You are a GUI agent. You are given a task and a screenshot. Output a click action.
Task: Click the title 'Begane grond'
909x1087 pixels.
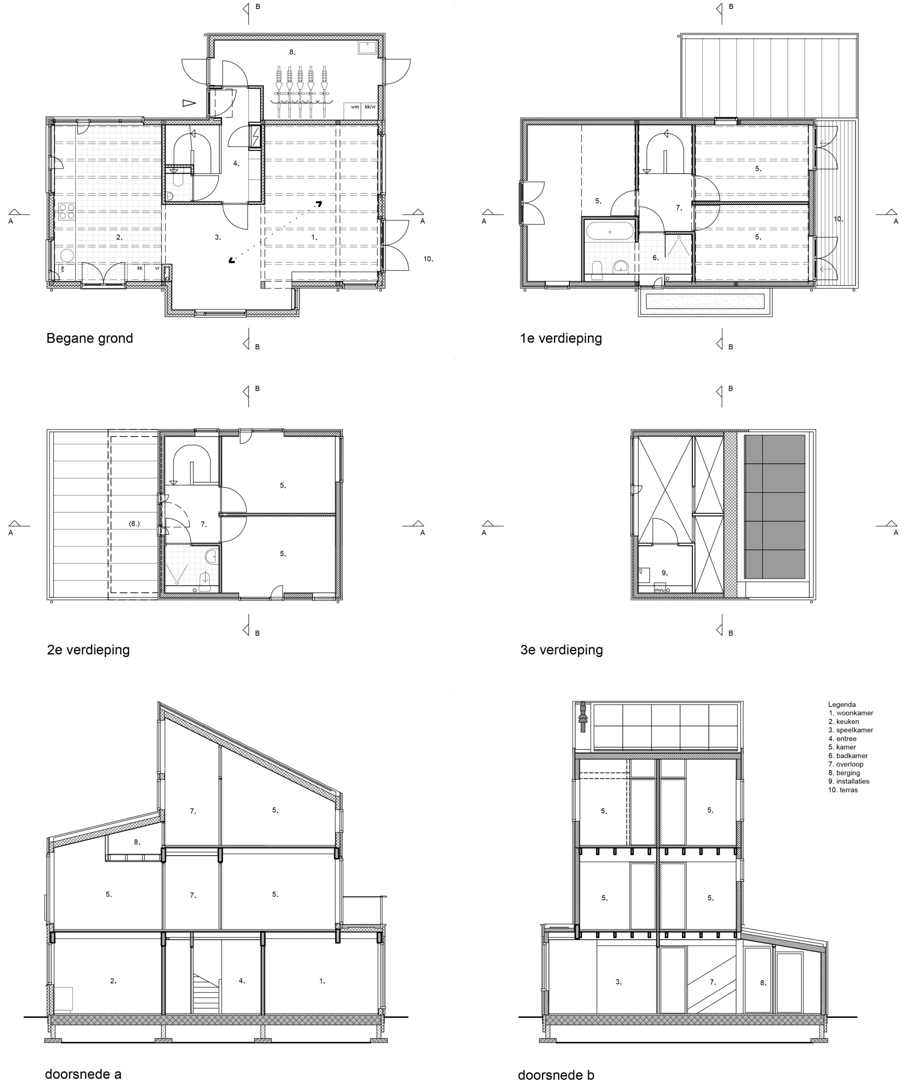coord(90,338)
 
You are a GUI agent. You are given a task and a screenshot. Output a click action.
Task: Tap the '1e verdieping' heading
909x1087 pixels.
coord(561,338)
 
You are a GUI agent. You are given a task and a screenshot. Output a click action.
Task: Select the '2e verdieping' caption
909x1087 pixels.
coord(88,650)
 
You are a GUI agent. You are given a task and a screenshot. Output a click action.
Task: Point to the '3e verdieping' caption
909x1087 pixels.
coord(561,650)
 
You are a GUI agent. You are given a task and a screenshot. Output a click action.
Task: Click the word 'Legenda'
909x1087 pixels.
coord(842,704)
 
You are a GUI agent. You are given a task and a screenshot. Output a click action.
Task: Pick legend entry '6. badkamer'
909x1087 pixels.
coord(848,756)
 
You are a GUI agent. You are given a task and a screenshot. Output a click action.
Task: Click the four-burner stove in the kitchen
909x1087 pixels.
coord(66,212)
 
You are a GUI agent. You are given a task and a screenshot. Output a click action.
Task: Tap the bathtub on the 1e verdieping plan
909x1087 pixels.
coord(609,231)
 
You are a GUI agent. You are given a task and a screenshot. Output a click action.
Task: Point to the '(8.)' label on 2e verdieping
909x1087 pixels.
coord(134,524)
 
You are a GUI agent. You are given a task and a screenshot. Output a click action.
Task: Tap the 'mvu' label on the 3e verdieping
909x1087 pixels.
coord(659,589)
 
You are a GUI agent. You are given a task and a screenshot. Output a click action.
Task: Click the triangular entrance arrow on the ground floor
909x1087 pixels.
coord(189,103)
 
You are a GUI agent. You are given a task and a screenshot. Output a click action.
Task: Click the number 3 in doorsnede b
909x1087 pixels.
coord(618,982)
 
